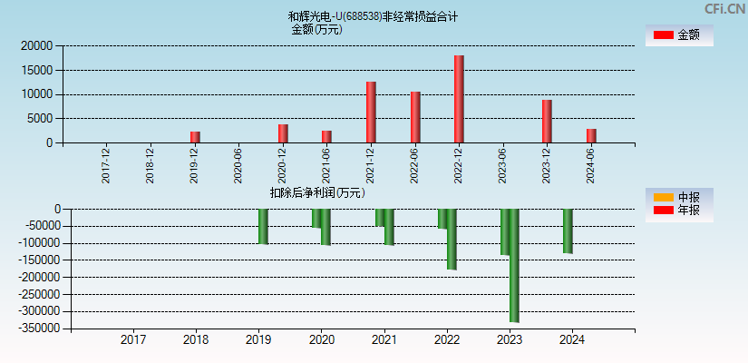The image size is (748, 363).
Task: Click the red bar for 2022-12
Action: pos(459,99)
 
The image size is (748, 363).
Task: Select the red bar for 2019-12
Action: pos(195,137)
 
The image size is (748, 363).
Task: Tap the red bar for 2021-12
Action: pos(371,112)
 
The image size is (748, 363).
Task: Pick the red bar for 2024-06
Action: pos(591,135)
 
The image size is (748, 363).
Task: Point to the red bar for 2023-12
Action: pos(547,121)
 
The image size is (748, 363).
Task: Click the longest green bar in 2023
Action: pos(514,265)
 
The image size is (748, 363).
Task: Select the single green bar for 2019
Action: pos(263,226)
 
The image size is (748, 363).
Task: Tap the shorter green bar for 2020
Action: pos(316,218)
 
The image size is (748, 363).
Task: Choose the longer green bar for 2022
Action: pos(452,239)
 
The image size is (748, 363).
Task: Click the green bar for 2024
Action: pos(568,231)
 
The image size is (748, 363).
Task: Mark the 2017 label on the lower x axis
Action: pos(133,340)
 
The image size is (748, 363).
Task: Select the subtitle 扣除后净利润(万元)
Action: pos(316,192)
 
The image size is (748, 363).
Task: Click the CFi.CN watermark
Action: pos(724,9)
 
